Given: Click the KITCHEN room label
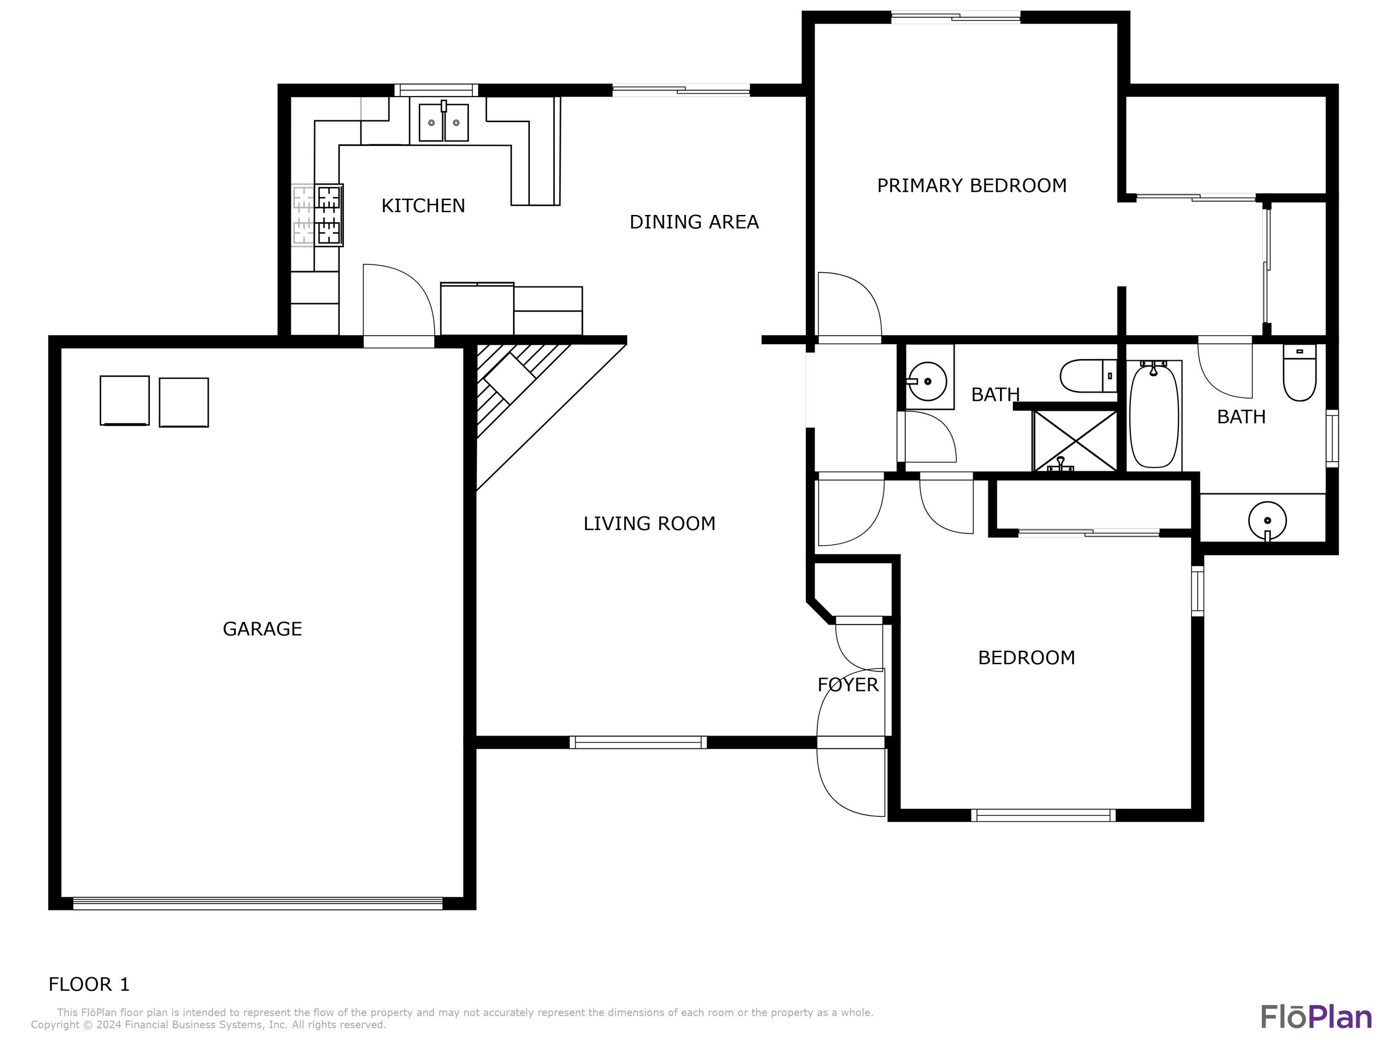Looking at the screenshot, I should pos(423,206).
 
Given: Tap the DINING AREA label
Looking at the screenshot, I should pos(693,222).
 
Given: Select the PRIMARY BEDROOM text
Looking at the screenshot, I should pos(971,185).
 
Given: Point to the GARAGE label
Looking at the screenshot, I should pos(262,629).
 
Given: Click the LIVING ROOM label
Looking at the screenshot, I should pos(649,523).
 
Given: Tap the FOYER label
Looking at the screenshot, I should pos(848,685).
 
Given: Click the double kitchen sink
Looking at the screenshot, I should pos(443,122).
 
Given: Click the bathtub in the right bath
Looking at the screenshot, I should pos(1153,415).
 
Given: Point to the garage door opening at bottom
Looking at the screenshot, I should pos(257,903).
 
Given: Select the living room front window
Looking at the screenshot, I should pos(638,742).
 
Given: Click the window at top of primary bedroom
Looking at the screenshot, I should pos(955,18).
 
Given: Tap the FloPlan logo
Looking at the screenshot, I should pos(1315,1017).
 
